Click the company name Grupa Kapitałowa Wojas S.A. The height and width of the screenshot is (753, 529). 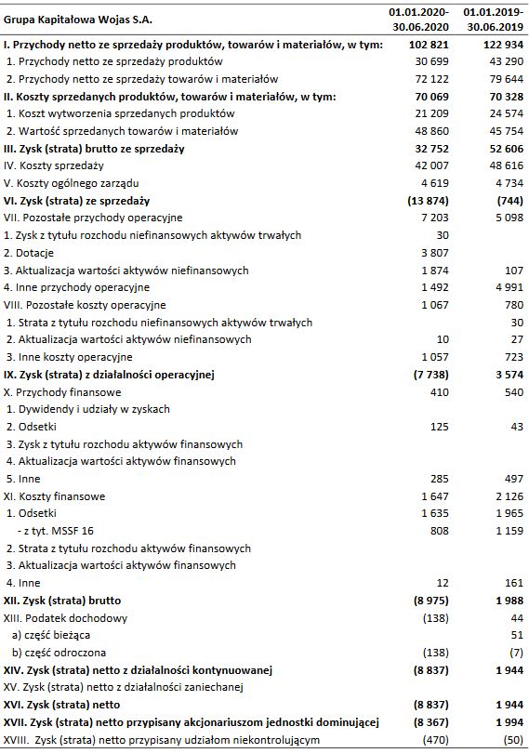coord(77,20)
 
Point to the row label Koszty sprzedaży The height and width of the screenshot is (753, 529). coord(55,165)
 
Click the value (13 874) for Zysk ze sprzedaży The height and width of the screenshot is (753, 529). coord(426,200)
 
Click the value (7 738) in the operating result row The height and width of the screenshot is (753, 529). coord(430,375)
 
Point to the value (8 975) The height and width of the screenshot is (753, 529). coord(430,601)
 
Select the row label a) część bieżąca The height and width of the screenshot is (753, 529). coord(53,635)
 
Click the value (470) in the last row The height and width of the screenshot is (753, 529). coord(434,739)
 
